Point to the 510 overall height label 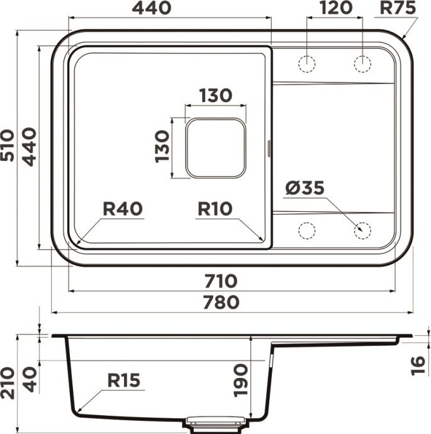click(8, 146)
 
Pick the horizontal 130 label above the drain click(216, 96)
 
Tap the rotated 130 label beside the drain click(162, 147)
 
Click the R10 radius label click(215, 209)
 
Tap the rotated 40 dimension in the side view click(29, 378)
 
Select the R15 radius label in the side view click(123, 380)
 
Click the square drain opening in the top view click(215, 147)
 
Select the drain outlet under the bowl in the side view click(216, 421)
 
